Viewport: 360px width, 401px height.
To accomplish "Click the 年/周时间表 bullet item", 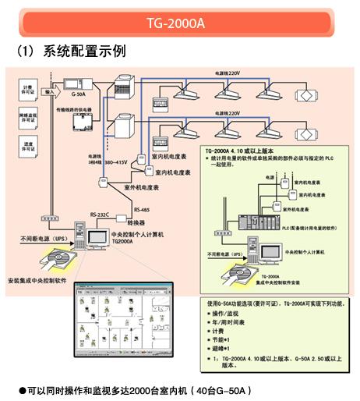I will coord(235,320).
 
